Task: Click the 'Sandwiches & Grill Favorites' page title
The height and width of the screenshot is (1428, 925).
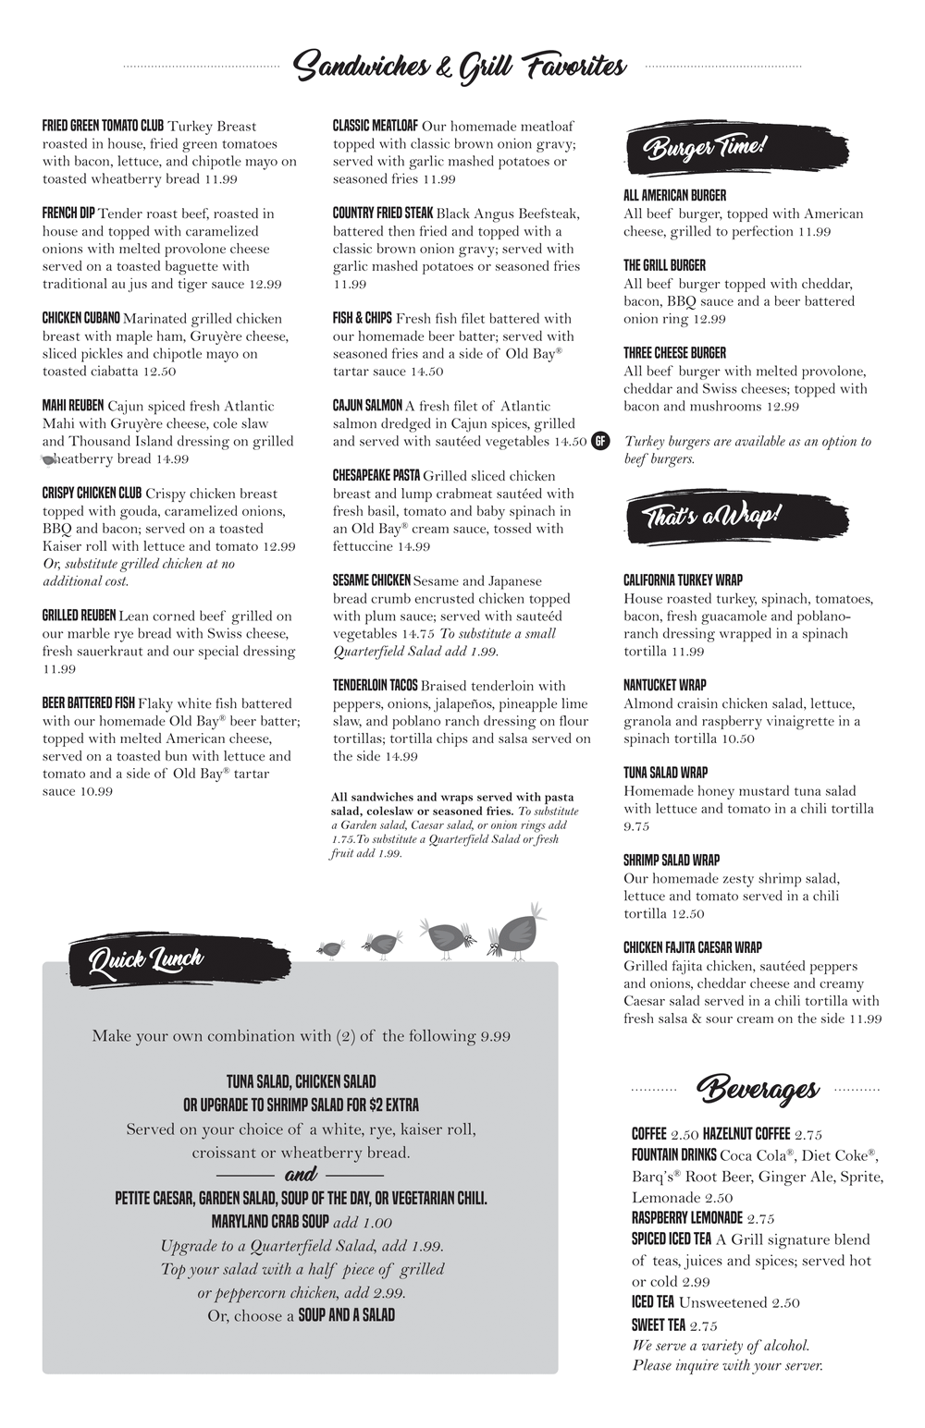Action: (460, 67)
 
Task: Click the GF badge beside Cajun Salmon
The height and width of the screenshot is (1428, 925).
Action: (599, 441)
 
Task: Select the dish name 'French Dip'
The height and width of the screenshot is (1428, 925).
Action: (68, 214)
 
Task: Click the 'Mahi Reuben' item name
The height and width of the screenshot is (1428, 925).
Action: (73, 406)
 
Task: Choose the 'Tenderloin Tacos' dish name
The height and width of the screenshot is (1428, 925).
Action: (376, 686)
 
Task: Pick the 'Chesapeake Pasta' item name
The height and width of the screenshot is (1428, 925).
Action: (376, 476)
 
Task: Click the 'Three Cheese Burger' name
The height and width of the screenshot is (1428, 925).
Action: (674, 353)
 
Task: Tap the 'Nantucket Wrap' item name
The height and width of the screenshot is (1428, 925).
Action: (664, 686)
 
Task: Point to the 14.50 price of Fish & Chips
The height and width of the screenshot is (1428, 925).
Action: (426, 372)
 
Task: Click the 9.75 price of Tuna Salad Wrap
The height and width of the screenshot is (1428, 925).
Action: (636, 826)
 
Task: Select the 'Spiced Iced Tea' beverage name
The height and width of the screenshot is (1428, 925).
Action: (672, 1239)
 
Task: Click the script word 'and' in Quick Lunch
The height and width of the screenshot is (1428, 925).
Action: (301, 1175)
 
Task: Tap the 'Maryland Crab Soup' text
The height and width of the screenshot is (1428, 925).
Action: (270, 1222)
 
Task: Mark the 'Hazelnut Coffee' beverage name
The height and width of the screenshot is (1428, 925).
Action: (746, 1134)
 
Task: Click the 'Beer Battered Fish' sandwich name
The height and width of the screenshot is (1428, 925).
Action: (89, 703)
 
